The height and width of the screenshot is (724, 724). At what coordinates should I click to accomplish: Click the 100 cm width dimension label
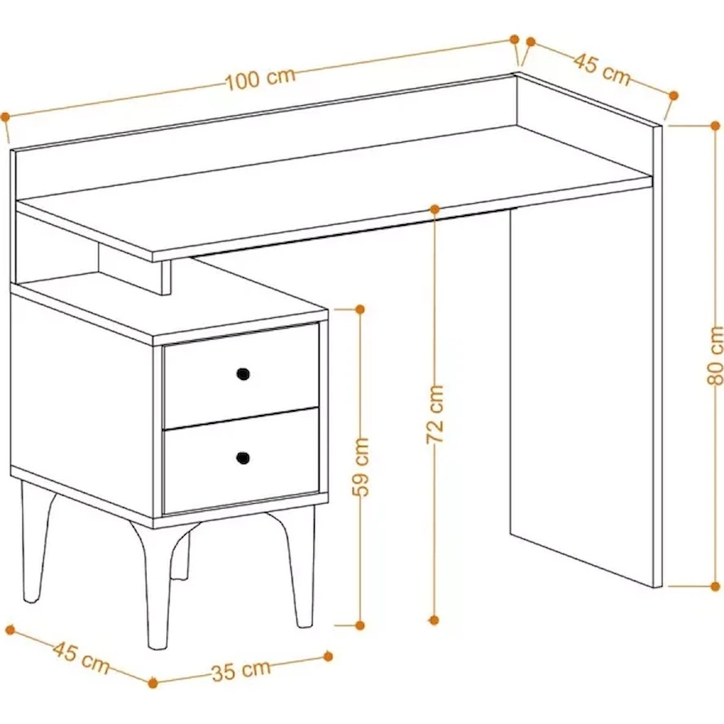click(260, 79)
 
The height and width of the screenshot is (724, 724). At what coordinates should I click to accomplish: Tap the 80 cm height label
click(715, 355)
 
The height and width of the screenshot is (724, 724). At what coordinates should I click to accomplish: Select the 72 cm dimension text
click(435, 414)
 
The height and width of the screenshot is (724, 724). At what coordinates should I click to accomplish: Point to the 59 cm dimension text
click(360, 467)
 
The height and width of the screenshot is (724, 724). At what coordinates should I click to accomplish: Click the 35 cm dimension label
click(241, 671)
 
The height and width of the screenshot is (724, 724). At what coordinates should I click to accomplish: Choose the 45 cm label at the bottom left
click(82, 657)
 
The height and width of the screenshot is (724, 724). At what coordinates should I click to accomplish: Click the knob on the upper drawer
click(243, 373)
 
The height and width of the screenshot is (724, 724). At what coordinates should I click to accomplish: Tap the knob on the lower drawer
click(243, 457)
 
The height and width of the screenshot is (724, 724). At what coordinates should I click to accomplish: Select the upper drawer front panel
click(241, 375)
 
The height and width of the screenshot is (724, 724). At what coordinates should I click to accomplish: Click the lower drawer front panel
click(241, 461)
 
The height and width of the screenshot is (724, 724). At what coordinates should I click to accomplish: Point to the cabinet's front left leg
click(152, 586)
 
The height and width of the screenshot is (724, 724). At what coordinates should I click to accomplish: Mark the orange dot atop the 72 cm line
click(435, 210)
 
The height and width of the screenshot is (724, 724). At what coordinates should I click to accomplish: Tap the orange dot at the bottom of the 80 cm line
click(715, 586)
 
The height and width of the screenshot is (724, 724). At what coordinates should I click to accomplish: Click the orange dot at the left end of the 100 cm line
click(6, 117)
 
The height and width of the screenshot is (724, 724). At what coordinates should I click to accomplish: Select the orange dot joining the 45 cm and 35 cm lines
click(153, 682)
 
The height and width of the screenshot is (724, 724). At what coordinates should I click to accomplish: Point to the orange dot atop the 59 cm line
click(360, 309)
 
